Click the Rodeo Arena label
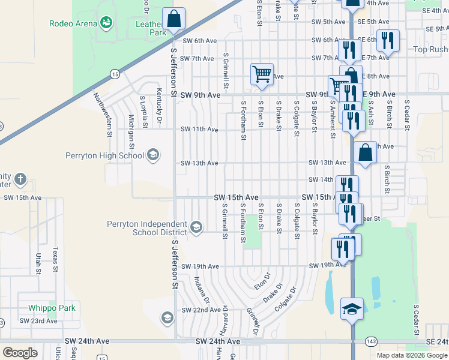pos(73,23)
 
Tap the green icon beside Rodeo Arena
pos(107,23)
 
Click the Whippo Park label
pos(52,308)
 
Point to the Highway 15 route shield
pos(114,73)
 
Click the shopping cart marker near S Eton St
pos(261,75)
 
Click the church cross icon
pos(20,179)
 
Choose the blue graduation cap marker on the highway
pos(352,309)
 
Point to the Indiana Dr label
pos(202,290)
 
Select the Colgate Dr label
pos(285,299)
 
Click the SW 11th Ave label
pos(199,129)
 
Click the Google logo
pos(20,353)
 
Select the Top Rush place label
pos(430,49)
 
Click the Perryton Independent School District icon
pos(196,227)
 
